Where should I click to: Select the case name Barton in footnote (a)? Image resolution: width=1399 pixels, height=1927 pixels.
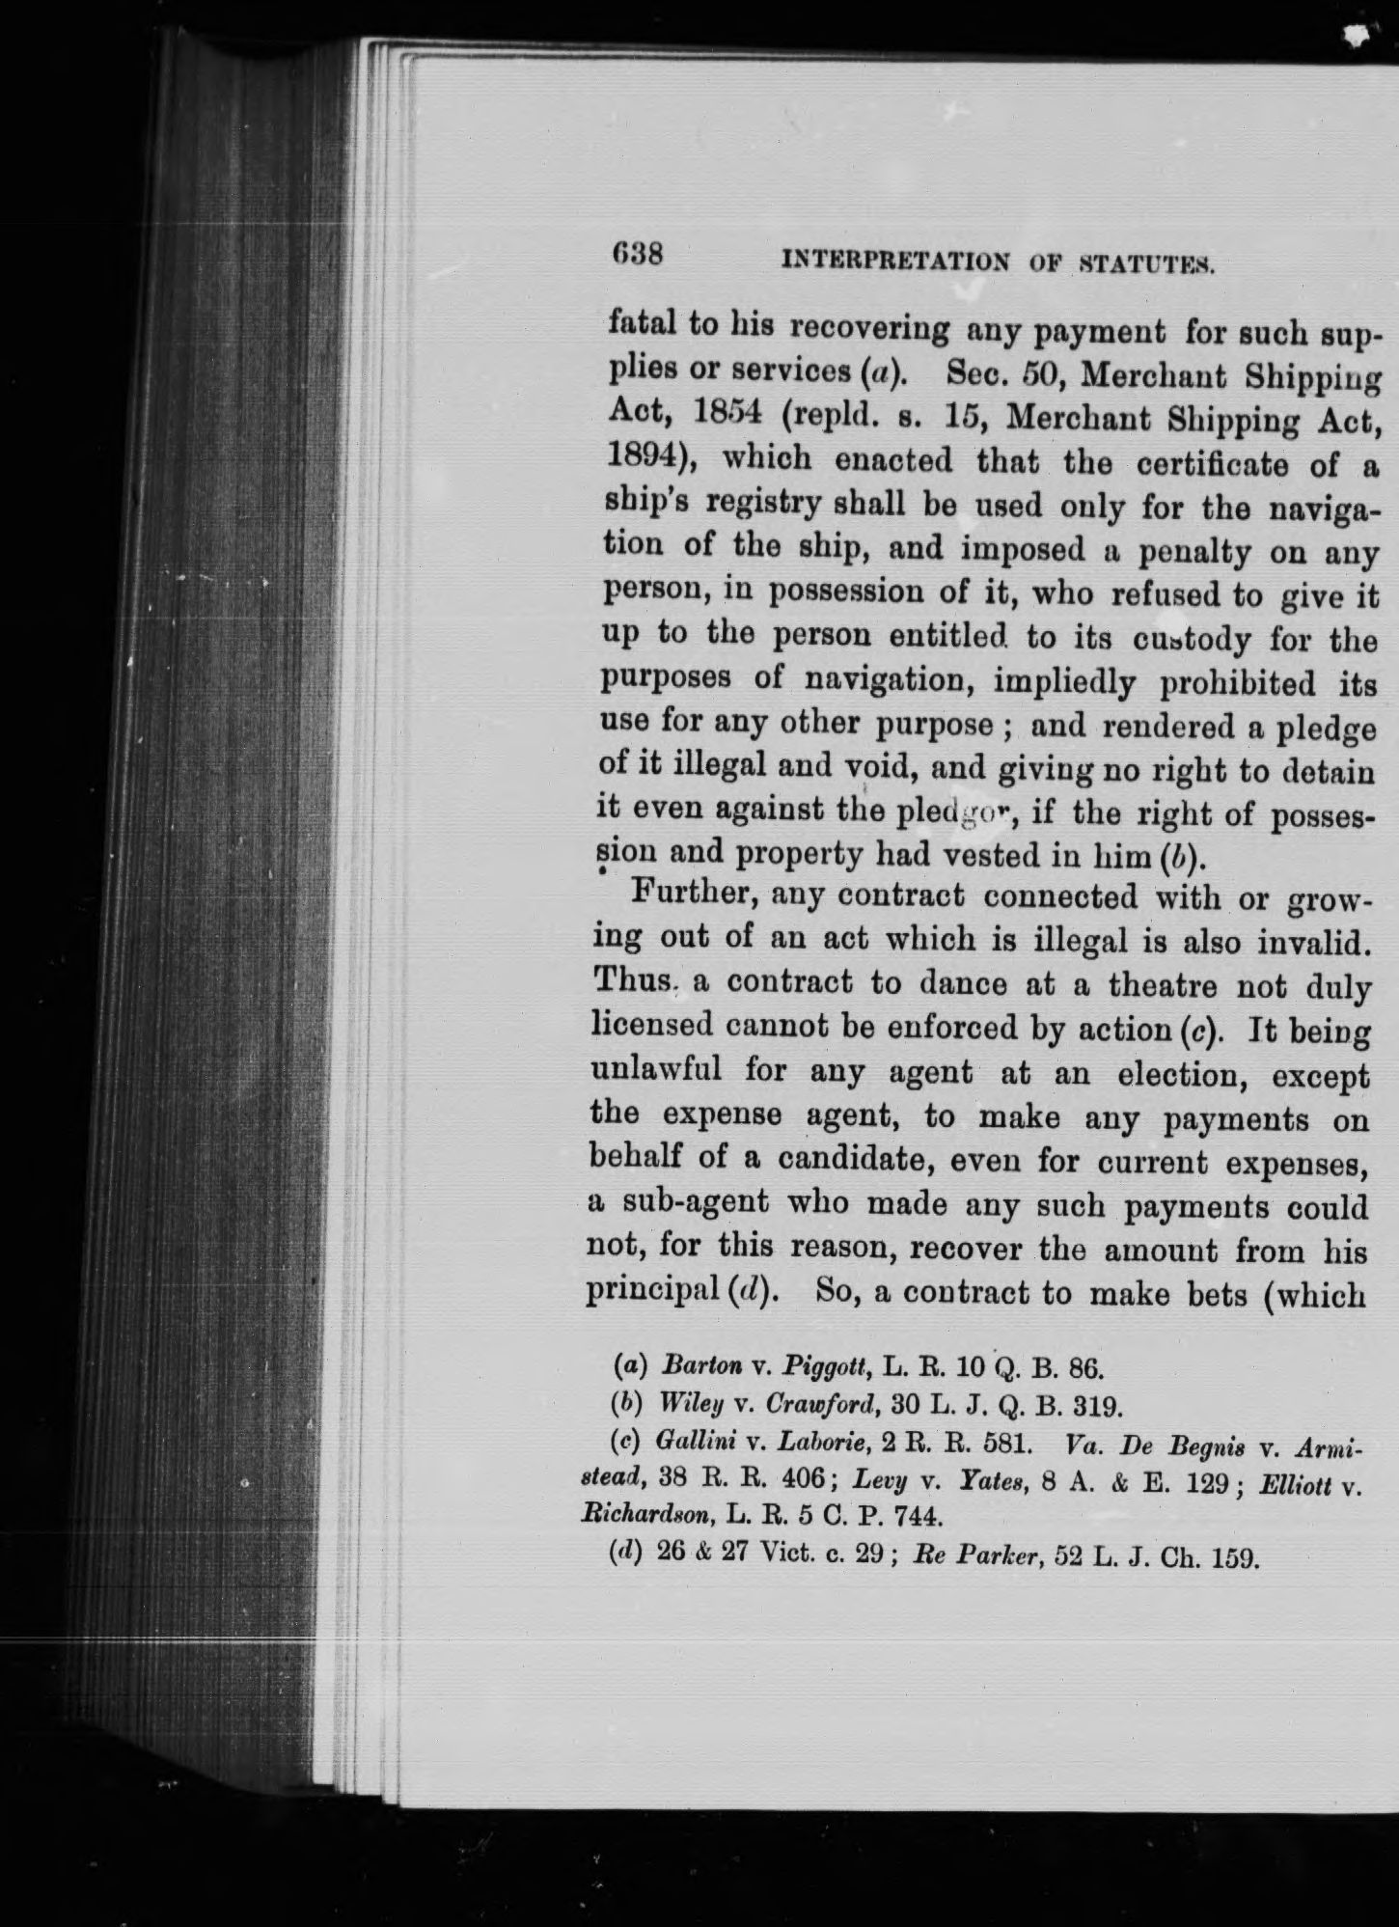700,1366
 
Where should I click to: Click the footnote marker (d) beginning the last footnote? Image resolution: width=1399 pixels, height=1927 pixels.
628,1555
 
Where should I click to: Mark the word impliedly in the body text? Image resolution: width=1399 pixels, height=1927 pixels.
1061,681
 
